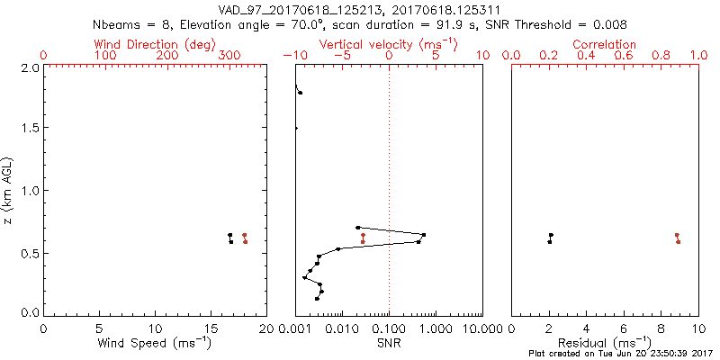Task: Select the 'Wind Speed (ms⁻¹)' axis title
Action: point(155,342)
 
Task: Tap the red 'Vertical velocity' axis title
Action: point(388,44)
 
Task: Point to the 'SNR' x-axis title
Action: point(389,342)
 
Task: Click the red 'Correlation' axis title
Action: point(605,44)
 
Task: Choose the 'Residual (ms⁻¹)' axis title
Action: point(605,342)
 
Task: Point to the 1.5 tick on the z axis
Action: point(30,129)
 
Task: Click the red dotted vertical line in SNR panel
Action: point(389,180)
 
